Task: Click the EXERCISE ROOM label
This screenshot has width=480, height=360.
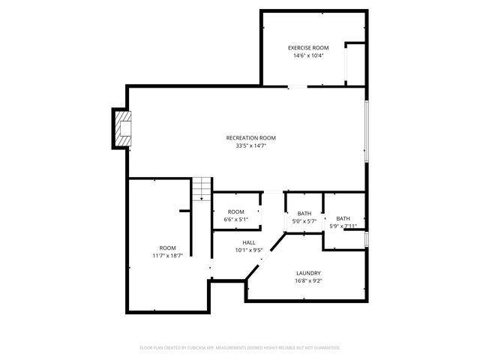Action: tap(308, 48)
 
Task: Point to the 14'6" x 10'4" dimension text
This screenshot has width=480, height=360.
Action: tap(308, 55)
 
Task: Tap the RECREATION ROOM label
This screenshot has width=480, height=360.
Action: tap(251, 138)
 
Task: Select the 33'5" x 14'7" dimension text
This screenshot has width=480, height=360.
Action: tap(251, 145)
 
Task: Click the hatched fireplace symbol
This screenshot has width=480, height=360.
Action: tap(122, 128)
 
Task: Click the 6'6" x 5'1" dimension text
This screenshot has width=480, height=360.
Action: tap(236, 220)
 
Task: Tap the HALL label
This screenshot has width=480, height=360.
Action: tap(249, 242)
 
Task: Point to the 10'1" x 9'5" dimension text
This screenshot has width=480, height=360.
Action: tap(249, 250)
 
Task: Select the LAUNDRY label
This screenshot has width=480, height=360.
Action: tap(308, 273)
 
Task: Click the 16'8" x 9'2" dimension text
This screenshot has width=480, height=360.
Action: tap(308, 280)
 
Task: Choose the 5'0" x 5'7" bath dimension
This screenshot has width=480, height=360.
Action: tap(304, 221)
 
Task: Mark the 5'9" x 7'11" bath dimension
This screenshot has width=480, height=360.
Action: tap(343, 226)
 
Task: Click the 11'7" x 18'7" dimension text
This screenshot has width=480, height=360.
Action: tap(167, 255)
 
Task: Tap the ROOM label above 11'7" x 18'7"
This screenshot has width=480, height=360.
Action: tap(167, 247)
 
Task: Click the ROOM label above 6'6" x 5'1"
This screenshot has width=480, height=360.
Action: tap(236, 212)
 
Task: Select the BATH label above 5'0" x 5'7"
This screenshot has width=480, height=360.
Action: tap(304, 214)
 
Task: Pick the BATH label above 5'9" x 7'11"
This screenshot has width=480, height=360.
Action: tap(343, 218)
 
